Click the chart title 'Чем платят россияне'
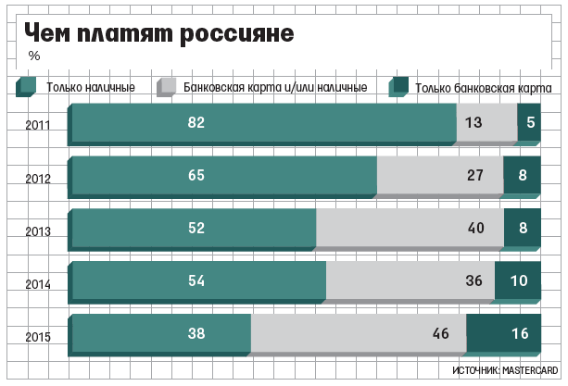coord(159,33)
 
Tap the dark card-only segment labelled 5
coord(529,122)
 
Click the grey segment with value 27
coord(440,175)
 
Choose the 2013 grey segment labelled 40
coord(410,228)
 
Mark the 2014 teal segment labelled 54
coord(198,280)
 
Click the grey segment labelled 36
coord(410,280)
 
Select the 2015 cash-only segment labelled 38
coord(160,333)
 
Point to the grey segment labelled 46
coord(358,333)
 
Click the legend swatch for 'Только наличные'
coord(25,87)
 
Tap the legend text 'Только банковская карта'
coord(484,88)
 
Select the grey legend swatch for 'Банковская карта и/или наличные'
coord(167,87)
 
